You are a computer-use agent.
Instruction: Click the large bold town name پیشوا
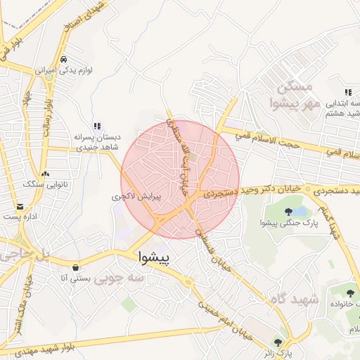tap(154, 257)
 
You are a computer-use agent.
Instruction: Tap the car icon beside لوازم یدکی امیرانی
tap(64, 60)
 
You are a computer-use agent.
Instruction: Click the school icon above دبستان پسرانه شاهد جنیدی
tap(97, 126)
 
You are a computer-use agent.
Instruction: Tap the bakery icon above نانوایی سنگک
tap(46, 174)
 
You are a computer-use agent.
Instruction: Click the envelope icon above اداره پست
tap(20, 207)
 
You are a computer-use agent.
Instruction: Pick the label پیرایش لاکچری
tap(136, 198)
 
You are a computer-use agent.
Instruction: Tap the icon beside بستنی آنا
tap(75, 267)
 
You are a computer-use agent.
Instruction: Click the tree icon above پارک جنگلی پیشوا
tap(288, 212)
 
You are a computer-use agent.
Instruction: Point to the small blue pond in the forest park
tap(300, 211)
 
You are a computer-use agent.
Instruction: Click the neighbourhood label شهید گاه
tap(294, 300)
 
